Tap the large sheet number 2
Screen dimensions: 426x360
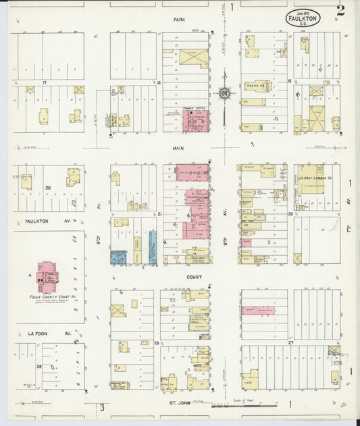coord(340,10)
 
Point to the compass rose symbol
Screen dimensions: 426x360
coord(224,93)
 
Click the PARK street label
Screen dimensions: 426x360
coord(178,20)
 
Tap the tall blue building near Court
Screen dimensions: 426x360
coord(153,246)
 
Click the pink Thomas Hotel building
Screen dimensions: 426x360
coord(196,120)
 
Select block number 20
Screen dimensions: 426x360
coord(48,188)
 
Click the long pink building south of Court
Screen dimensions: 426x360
coord(257,311)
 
